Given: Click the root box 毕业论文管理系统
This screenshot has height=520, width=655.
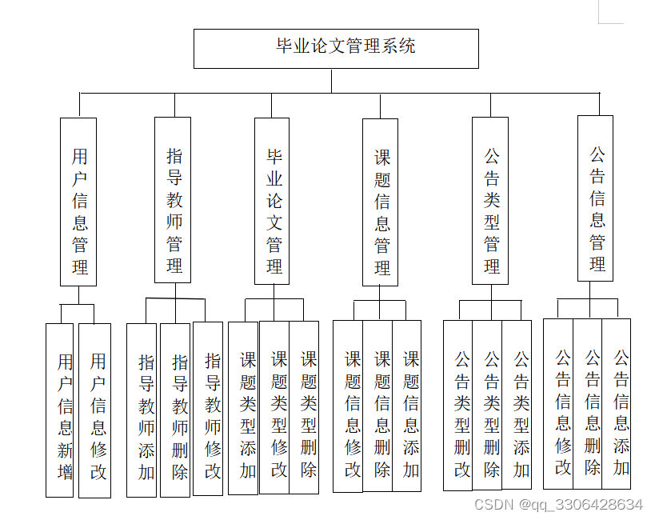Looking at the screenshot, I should (336, 48).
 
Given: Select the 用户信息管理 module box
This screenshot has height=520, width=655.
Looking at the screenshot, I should (78, 202).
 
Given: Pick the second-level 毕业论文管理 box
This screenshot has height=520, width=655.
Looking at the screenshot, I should (272, 201).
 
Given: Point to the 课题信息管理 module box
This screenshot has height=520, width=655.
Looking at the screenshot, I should (380, 202).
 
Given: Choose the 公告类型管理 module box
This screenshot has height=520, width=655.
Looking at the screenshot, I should (490, 201).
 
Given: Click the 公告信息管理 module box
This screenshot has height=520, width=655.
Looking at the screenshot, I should (596, 198).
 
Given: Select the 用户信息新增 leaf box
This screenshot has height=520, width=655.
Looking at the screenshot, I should (60, 410).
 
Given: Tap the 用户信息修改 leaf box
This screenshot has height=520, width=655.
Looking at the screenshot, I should (95, 410).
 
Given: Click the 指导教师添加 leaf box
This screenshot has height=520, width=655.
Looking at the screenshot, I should (142, 410).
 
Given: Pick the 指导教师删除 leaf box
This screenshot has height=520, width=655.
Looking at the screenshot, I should (176, 409).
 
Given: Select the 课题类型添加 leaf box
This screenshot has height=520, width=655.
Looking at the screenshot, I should (244, 407).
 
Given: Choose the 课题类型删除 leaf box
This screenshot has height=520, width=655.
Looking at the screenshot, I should (305, 407).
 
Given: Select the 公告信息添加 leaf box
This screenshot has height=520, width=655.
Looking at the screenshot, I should (617, 403).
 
